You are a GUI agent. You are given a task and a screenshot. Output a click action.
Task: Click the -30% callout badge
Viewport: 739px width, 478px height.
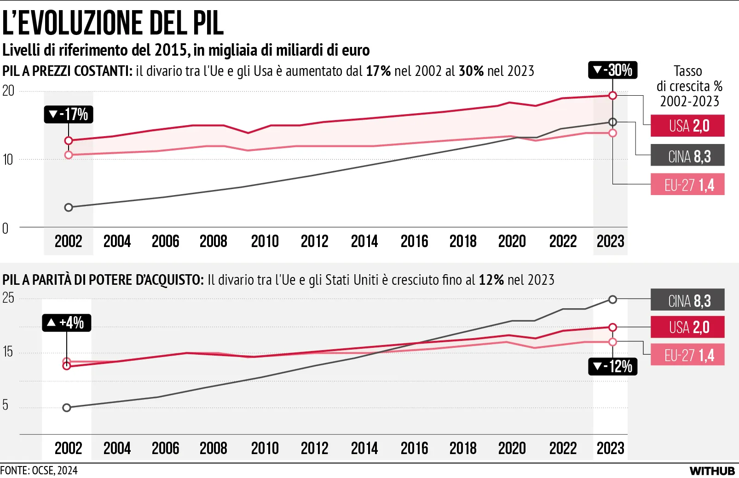pos(612,70)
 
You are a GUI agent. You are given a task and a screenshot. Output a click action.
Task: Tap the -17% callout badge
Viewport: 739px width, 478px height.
pos(69,115)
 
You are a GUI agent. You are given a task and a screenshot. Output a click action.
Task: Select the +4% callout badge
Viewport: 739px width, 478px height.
pos(67,323)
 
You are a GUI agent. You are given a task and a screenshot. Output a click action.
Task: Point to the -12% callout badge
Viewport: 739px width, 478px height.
pos(612,367)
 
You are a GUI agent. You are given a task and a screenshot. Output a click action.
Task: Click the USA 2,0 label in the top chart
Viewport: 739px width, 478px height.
pos(687,126)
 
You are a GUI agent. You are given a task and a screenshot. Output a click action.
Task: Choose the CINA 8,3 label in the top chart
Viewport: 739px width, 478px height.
pos(687,155)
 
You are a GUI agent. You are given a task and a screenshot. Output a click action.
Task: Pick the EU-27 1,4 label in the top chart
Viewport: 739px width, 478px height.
pos(687,184)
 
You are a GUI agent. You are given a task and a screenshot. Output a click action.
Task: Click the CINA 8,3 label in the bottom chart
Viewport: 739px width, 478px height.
pos(687,299)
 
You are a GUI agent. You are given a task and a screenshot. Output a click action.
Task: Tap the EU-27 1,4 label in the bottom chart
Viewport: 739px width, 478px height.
pos(687,354)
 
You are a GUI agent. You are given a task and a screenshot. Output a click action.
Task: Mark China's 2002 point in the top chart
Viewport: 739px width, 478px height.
pos(69,207)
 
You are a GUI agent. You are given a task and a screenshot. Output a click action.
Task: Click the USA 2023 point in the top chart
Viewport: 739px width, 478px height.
pos(612,96)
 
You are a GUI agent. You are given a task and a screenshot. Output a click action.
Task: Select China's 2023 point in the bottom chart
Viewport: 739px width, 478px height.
pos(612,299)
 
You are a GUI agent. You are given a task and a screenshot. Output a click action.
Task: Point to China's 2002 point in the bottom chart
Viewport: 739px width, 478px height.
pos(67,408)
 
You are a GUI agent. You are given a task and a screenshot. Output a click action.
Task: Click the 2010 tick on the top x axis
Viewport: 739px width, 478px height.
pos(265,242)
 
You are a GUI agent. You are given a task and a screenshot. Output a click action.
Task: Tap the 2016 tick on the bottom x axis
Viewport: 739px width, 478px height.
pos(415,449)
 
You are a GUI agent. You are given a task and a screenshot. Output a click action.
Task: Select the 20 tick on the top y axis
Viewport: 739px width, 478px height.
pos(8,91)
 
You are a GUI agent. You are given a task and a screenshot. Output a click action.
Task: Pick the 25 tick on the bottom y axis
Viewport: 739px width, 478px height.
pos(8,298)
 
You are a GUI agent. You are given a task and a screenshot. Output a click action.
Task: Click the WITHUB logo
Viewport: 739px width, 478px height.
pos(712,471)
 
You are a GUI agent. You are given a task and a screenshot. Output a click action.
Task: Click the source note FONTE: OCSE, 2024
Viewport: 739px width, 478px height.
pos(39,471)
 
